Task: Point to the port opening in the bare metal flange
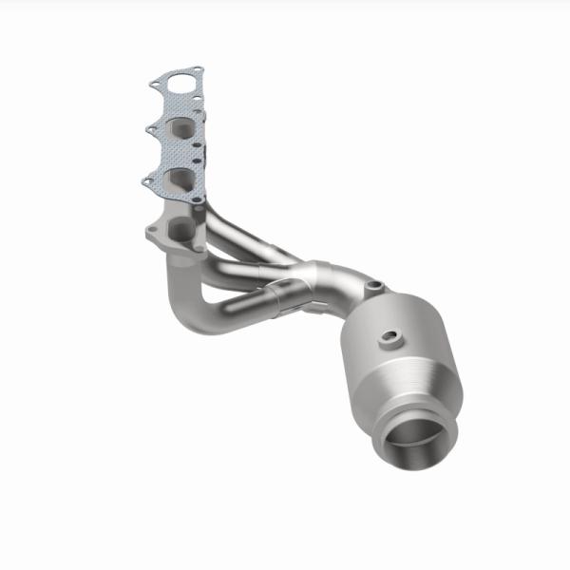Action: [179, 229]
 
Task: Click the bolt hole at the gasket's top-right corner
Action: [199, 70]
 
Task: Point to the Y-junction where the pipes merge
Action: [313, 278]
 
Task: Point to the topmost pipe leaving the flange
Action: [237, 233]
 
